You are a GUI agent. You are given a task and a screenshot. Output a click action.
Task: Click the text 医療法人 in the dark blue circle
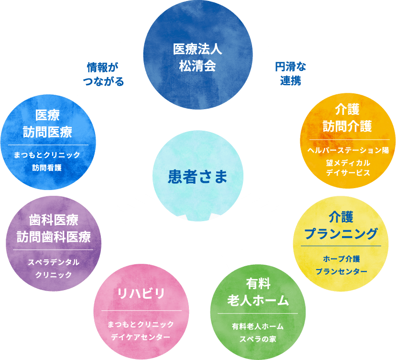click(198, 49)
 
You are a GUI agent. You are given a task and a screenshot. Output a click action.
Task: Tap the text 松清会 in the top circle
click(198, 66)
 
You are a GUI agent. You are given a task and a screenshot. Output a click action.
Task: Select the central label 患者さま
click(198, 177)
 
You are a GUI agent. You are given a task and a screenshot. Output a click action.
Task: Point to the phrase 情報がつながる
click(103, 74)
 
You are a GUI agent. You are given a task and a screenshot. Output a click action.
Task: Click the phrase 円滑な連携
click(290, 74)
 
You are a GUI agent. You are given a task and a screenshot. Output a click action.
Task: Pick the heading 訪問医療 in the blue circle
click(47, 132)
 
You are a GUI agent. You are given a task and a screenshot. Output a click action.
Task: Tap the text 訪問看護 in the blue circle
click(47, 168)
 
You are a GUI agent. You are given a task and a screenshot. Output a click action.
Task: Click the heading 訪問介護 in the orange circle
click(348, 126)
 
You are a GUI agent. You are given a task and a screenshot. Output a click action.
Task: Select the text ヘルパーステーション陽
click(348, 150)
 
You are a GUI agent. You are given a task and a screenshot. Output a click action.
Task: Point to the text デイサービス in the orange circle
click(348, 173)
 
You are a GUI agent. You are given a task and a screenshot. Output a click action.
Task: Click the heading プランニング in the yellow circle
click(341, 234)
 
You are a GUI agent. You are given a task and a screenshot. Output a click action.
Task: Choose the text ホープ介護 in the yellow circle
click(341, 259)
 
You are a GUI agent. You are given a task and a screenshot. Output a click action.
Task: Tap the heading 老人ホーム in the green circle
click(258, 301)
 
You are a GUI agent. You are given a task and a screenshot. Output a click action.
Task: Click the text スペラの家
click(258, 339)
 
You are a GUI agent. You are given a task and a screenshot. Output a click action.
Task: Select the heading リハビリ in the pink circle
click(141, 293)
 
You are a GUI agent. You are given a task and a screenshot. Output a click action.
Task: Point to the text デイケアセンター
click(141, 337)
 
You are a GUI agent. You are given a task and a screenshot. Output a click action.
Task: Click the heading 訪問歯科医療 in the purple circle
click(54, 237)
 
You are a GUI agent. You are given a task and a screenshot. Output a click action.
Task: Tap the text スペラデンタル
click(54, 262)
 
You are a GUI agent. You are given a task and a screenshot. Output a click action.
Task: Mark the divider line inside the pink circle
click(142, 310)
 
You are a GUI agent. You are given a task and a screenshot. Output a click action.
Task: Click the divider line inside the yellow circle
click(341, 246)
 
